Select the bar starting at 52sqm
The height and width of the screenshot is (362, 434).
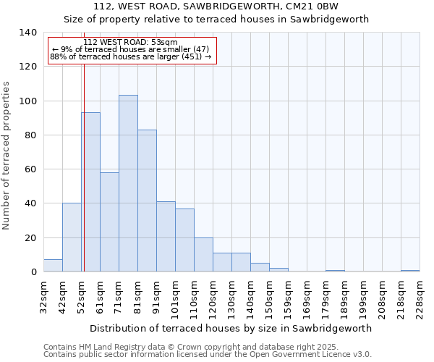(90, 192)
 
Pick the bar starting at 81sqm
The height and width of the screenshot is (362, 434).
(147, 201)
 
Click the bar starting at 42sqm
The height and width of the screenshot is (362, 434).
(72, 237)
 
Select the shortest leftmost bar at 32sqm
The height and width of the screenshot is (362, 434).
(53, 266)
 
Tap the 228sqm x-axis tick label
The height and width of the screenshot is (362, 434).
(420, 297)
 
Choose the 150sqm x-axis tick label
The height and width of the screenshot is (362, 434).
(269, 297)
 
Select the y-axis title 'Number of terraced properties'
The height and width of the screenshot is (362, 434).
(7, 156)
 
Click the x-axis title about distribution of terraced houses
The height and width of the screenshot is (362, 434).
(231, 328)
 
